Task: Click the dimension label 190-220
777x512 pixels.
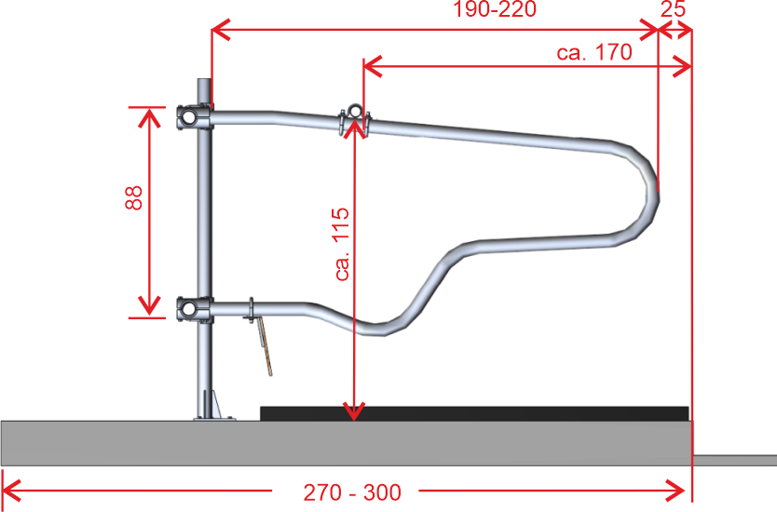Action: (x=495, y=9)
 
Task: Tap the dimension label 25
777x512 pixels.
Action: (x=673, y=9)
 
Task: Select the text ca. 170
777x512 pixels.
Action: (x=594, y=52)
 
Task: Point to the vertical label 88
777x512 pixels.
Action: (x=134, y=198)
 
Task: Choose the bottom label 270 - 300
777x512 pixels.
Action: (x=352, y=492)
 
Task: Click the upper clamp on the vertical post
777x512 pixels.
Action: (x=195, y=117)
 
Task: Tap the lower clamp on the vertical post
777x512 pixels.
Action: (x=195, y=310)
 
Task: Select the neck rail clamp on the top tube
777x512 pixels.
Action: (x=354, y=119)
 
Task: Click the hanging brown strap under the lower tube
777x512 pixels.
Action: (x=265, y=346)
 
